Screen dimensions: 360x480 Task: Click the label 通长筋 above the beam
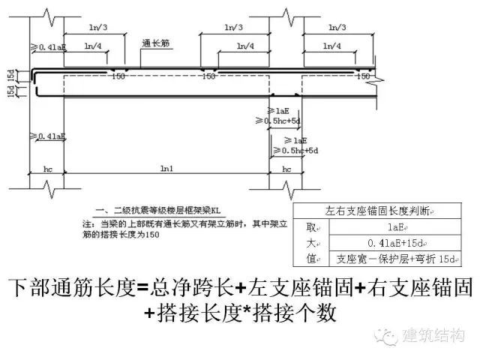pos(154,43)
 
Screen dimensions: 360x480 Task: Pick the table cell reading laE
pos(397,228)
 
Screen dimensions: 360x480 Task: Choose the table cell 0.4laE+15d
pos(397,243)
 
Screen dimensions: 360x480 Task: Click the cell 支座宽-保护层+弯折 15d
pos(397,259)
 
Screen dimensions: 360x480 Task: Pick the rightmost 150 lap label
pos(364,76)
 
